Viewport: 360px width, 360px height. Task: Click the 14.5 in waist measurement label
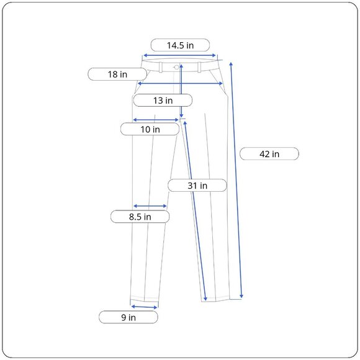180,45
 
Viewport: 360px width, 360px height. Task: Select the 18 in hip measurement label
117,74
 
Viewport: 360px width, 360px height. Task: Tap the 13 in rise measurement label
163,101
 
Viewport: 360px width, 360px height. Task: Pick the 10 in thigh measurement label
150,129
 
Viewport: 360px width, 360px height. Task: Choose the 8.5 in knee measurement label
140,217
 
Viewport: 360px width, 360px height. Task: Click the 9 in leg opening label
128,317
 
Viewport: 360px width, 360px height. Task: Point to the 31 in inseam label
197,186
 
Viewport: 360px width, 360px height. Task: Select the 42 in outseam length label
269,154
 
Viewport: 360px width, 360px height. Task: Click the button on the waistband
176,67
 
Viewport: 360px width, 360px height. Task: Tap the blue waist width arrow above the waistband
179,55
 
